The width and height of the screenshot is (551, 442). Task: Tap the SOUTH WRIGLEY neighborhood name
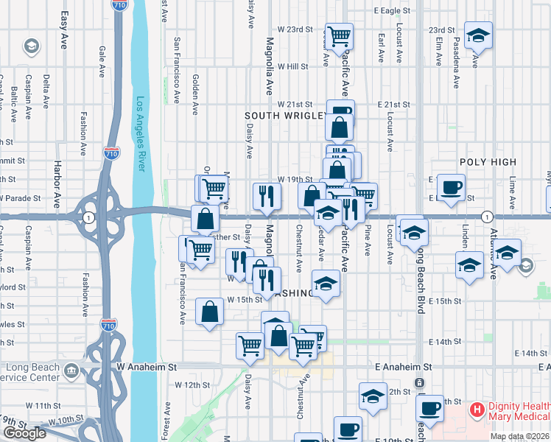pos(286,116)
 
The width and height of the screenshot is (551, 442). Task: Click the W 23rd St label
pos(295,29)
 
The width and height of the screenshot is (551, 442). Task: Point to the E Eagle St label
pos(392,11)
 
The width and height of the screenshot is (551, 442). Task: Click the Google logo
pos(24,433)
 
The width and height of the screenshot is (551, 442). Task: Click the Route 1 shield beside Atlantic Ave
pos(486,217)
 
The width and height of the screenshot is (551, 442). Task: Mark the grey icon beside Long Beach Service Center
pos(71,369)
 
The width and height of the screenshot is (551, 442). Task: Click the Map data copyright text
pos(519,436)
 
